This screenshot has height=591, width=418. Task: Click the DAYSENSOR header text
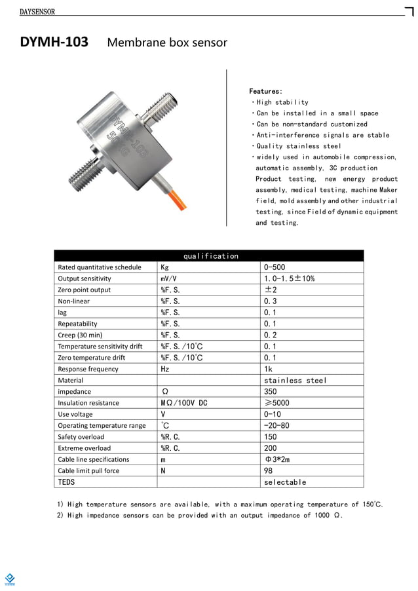pyautogui.click(x=37, y=12)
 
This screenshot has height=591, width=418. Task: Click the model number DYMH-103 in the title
pyautogui.click(x=54, y=43)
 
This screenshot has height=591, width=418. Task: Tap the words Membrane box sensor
pyautogui.click(x=166, y=43)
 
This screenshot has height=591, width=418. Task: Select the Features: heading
pyautogui.click(x=265, y=91)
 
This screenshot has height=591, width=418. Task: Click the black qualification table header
pyautogui.click(x=208, y=256)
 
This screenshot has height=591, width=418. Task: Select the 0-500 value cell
pyautogui.click(x=275, y=267)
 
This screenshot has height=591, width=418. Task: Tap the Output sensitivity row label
pyautogui.click(x=85, y=278)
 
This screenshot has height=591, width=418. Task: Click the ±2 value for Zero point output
pyautogui.click(x=271, y=290)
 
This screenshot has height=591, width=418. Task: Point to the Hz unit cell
pyautogui.click(x=165, y=369)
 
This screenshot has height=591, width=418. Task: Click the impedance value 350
pyautogui.click(x=270, y=392)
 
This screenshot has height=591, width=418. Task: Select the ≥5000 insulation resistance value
pyautogui.click(x=276, y=403)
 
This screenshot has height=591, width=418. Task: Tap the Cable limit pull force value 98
pyautogui.click(x=268, y=470)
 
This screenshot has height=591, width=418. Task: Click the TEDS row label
pyautogui.click(x=67, y=482)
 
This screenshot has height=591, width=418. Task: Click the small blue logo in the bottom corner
pyautogui.click(x=10, y=579)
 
